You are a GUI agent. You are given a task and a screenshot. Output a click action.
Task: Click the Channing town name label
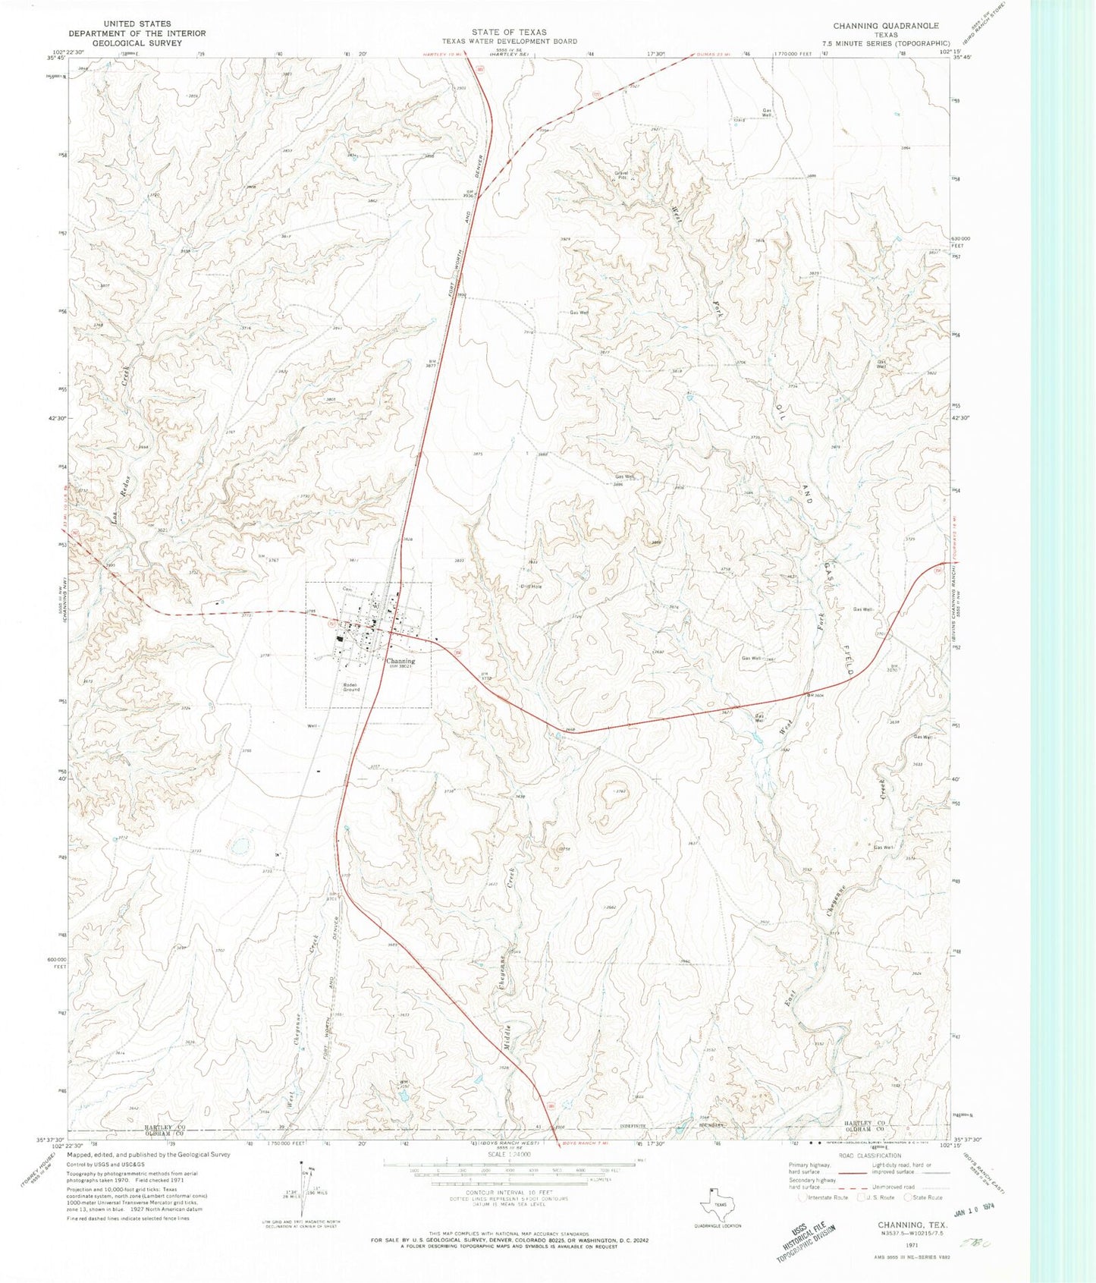[x=400, y=661]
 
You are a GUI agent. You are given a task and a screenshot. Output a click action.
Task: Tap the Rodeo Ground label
[x=350, y=687]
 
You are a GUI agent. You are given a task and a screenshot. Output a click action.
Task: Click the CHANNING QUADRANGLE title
[x=886, y=26]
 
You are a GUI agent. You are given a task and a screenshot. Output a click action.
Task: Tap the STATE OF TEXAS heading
[x=508, y=32]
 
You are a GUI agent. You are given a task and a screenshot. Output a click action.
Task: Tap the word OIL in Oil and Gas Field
[x=779, y=414]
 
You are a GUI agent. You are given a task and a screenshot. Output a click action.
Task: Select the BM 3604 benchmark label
[x=815, y=695]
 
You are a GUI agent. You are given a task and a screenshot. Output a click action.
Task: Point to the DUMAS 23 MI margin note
[x=710, y=54]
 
